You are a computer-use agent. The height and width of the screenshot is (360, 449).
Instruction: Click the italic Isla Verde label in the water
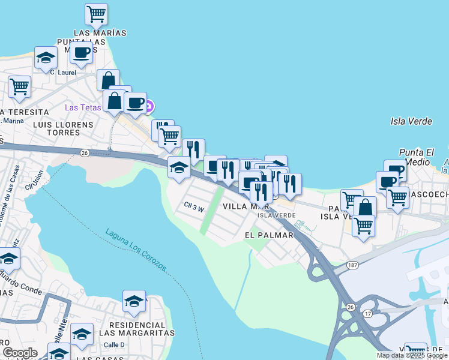point(411,121)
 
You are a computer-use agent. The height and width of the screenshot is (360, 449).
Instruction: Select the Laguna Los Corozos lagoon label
point(137,250)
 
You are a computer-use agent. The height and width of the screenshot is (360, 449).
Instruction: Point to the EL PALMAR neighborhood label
point(269,235)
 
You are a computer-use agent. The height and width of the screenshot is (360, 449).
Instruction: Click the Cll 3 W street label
point(194,208)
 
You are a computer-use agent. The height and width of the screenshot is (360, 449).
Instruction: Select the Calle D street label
point(114,344)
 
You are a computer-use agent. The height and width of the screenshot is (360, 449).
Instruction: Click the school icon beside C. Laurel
point(46,58)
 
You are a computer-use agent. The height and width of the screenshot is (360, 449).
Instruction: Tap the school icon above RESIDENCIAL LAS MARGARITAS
point(134,301)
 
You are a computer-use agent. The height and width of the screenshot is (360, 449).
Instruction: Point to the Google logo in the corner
point(20,352)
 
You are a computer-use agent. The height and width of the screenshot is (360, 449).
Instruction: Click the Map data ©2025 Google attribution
point(412,355)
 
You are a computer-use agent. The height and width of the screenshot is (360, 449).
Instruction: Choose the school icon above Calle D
point(82,334)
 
